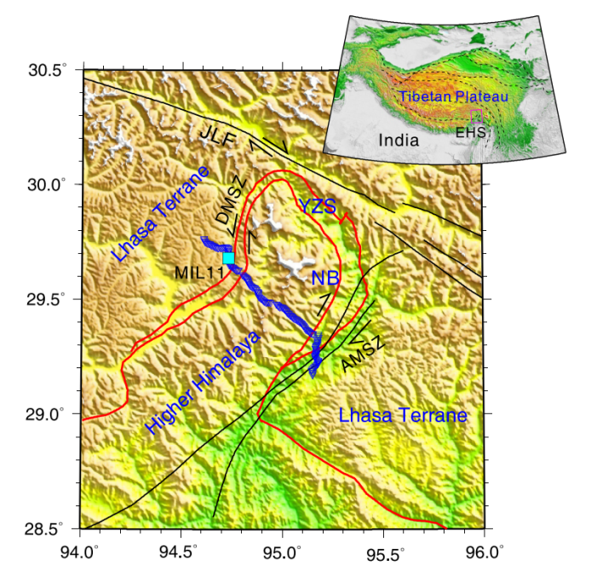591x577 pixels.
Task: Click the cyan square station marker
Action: [x=228, y=257]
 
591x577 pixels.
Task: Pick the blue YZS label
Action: [x=317, y=206]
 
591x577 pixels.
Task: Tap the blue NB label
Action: [x=324, y=278]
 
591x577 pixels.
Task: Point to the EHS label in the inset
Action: [x=470, y=133]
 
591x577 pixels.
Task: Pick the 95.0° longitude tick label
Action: [x=282, y=551]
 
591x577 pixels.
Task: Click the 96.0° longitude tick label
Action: [x=483, y=551]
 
